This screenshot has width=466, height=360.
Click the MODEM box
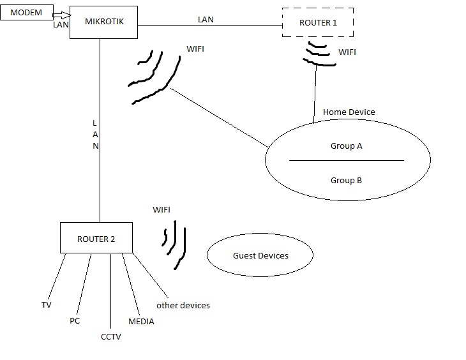(26, 13)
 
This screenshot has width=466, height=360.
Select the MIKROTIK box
(104, 22)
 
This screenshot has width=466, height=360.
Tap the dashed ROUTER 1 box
(317, 23)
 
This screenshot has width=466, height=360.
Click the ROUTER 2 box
(96, 239)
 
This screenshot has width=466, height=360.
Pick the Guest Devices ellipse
(260, 255)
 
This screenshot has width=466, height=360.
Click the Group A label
(346, 146)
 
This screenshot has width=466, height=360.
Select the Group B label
(346, 181)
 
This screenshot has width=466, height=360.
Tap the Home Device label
(349, 112)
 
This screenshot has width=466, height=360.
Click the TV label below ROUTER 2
(47, 305)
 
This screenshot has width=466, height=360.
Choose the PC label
(75, 320)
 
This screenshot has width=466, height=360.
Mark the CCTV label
(110, 336)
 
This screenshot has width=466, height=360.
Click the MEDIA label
(141, 321)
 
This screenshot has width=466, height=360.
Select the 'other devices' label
(183, 305)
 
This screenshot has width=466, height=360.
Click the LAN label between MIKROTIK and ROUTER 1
(206, 20)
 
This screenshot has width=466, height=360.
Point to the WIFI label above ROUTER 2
(162, 209)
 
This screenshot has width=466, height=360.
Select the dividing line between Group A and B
(346, 160)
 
